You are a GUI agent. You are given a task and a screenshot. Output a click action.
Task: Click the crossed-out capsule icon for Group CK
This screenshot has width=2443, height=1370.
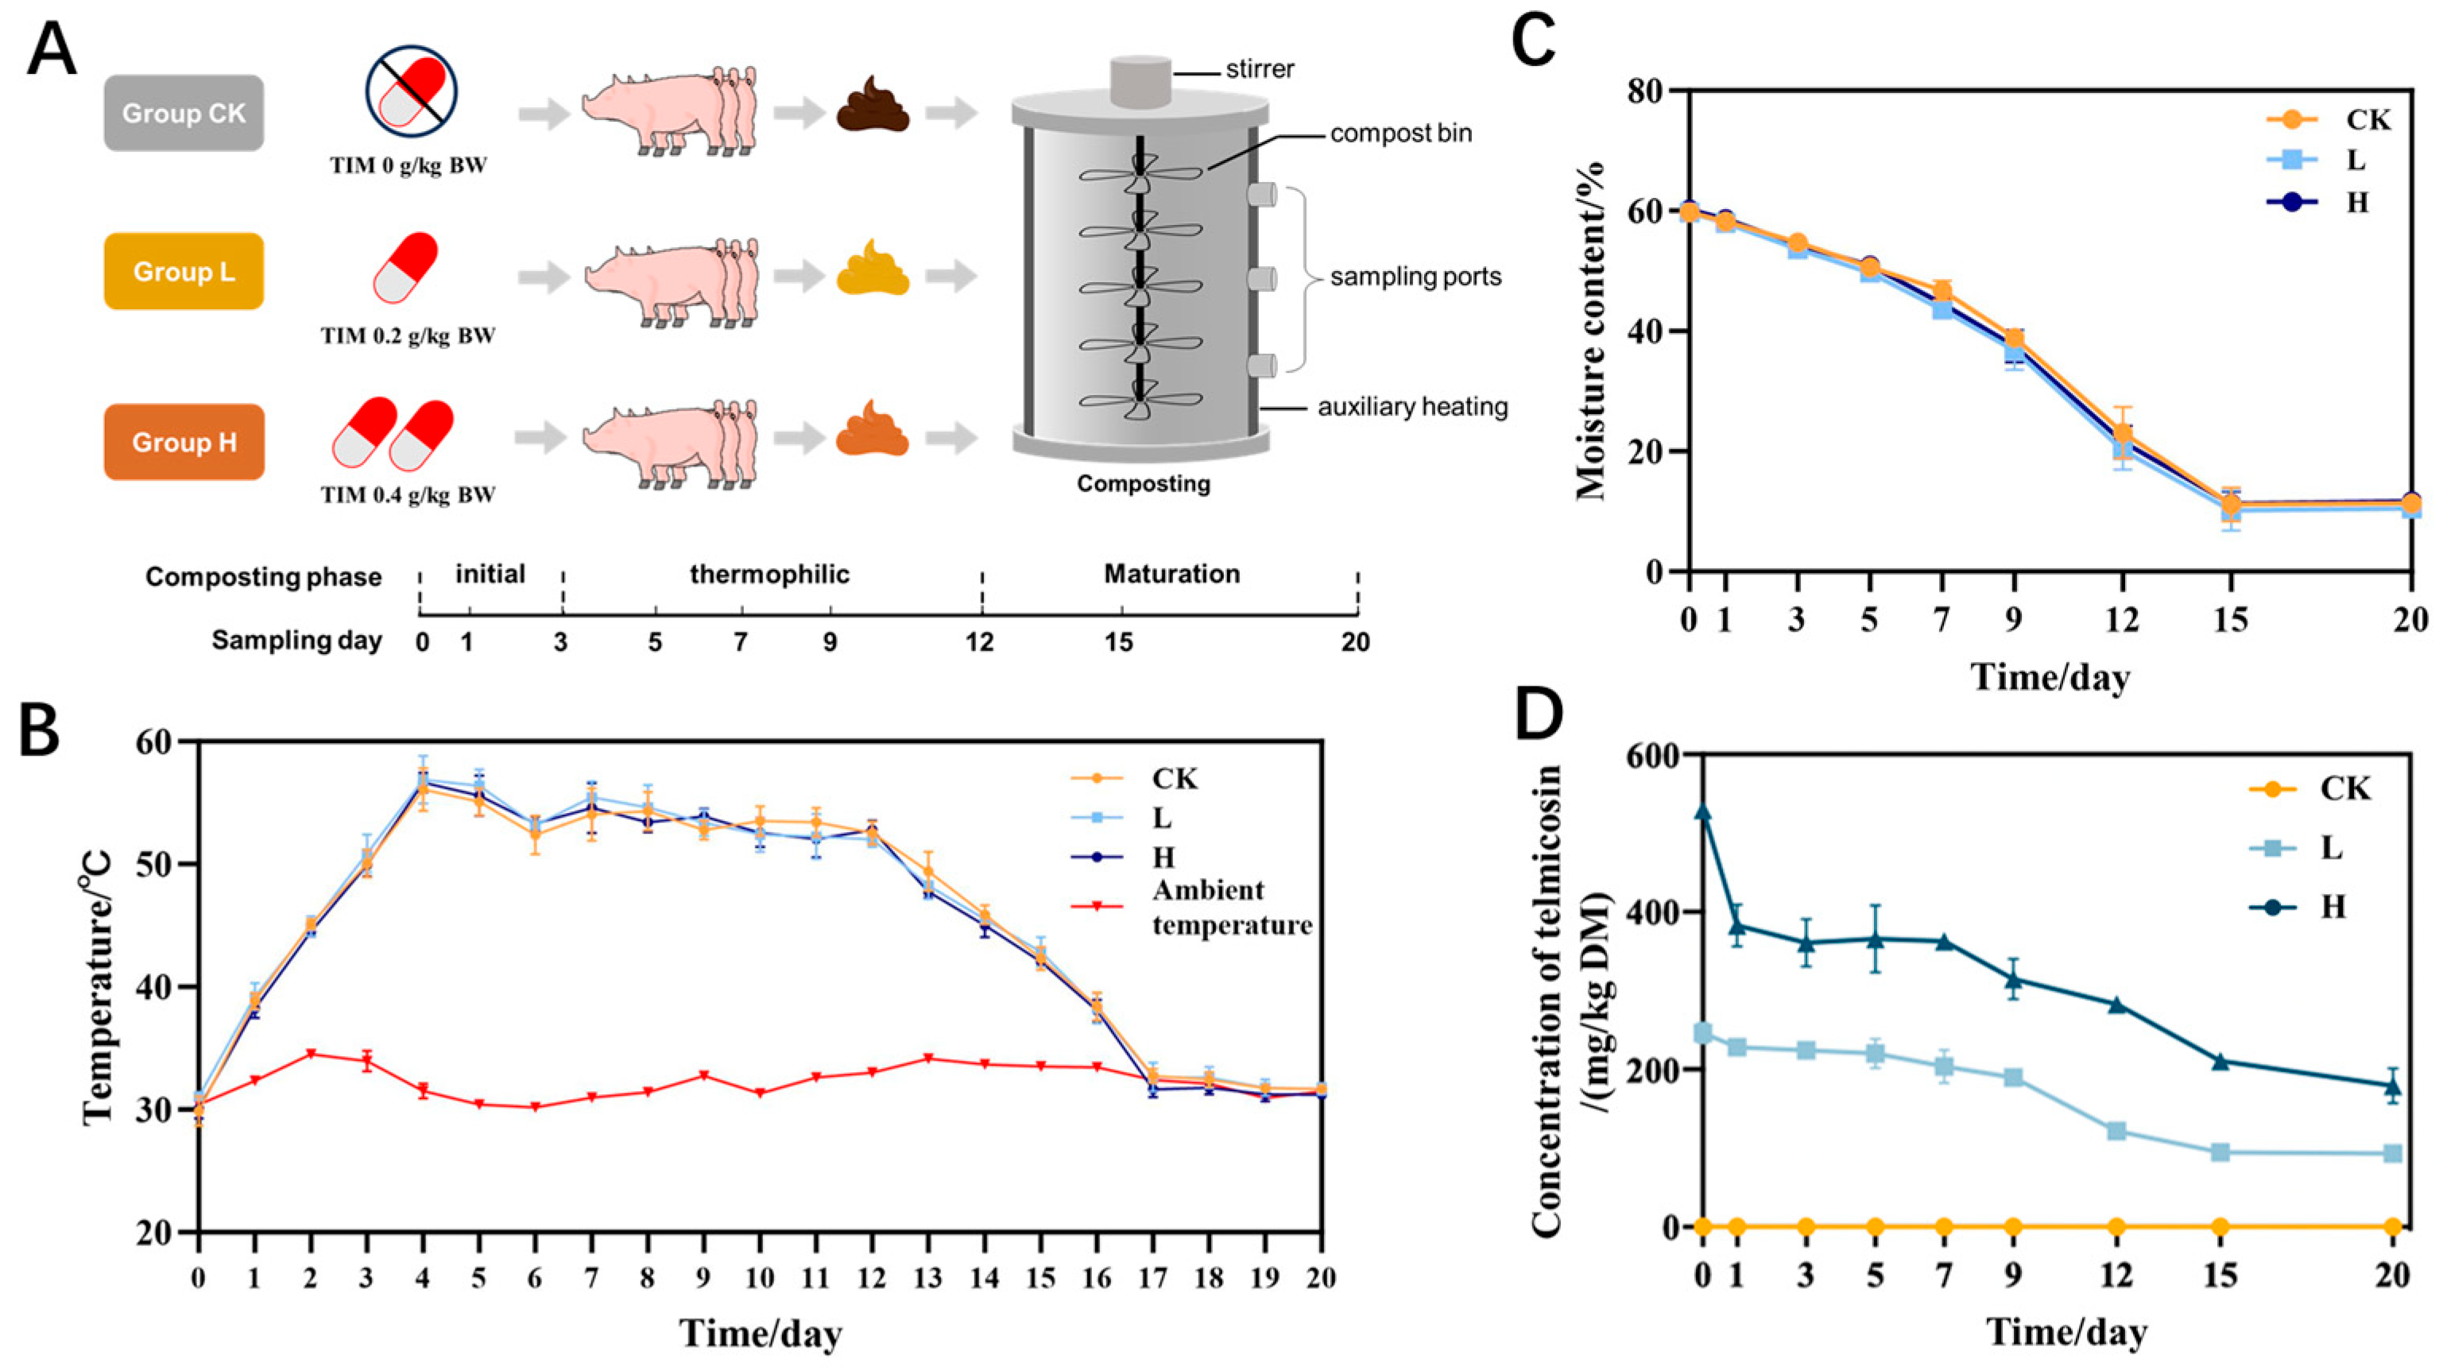(x=412, y=92)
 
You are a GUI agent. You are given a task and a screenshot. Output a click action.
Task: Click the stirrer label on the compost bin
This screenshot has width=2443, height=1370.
(x=1259, y=69)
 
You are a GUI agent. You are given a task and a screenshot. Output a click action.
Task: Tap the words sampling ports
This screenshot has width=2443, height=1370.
(x=1415, y=277)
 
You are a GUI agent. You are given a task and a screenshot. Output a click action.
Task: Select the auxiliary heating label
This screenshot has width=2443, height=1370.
(x=1412, y=407)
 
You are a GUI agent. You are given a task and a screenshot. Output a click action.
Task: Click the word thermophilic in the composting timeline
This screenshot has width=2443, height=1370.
(x=769, y=574)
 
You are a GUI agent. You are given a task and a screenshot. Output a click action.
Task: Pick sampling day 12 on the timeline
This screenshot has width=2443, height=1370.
(x=980, y=642)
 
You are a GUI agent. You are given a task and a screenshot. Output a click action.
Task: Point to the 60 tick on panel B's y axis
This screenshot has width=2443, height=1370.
(x=161, y=742)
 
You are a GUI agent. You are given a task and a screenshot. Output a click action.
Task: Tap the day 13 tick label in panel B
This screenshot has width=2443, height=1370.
(x=927, y=1278)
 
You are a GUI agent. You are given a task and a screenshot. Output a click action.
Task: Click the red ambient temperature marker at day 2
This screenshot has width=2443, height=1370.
(x=311, y=1054)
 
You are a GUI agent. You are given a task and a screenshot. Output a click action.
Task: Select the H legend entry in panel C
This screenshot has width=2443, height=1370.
(x=2356, y=202)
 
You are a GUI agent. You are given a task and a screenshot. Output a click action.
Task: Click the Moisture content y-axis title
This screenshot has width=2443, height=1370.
(x=1591, y=331)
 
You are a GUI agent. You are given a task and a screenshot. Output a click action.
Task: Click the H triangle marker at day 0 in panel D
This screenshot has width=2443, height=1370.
(x=1703, y=812)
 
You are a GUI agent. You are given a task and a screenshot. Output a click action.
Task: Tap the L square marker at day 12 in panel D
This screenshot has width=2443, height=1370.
(x=2116, y=1131)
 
